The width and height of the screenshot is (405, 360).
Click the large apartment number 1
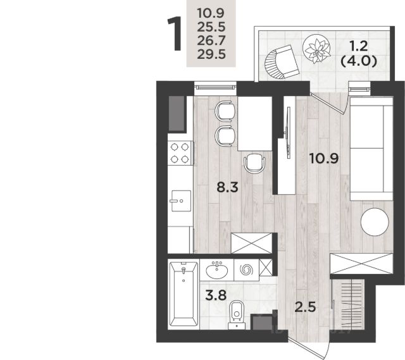(x=175, y=34)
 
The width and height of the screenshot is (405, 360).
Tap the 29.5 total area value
(x=211, y=54)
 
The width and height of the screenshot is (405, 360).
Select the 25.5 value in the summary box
(x=211, y=27)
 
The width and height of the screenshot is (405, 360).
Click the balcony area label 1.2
(x=359, y=46)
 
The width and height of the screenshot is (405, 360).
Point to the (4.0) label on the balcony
(x=359, y=61)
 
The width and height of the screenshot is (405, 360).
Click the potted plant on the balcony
(x=316, y=49)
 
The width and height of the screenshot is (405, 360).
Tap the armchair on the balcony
(x=282, y=62)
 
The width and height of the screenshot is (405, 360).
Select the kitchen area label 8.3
(x=227, y=187)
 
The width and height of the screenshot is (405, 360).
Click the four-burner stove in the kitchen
(x=180, y=153)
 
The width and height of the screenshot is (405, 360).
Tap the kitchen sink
(x=181, y=201)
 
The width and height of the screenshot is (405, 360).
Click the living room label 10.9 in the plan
(x=324, y=159)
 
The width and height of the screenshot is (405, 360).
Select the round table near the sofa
(x=375, y=222)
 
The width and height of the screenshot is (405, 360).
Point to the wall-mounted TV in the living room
(x=289, y=132)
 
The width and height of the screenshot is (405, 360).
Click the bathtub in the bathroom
(x=184, y=294)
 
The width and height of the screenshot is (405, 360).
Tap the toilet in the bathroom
(x=237, y=314)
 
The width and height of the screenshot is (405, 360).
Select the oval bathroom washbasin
(x=216, y=270)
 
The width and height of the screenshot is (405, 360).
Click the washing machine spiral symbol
(x=246, y=270)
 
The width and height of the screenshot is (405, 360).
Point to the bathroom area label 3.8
(x=216, y=295)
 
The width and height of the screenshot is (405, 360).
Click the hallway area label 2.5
(x=305, y=307)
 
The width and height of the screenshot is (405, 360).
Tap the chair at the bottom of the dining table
(x=254, y=163)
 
